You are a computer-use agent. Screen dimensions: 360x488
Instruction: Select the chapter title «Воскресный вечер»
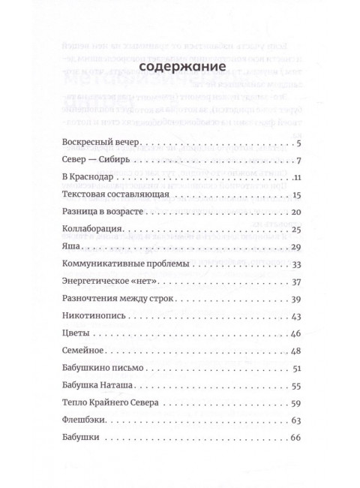[98, 142]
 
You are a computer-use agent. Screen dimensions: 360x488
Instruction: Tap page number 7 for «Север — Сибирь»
[298, 160]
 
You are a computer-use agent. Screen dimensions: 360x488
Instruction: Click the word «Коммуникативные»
[105, 265]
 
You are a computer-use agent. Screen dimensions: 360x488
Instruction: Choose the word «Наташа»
[127, 387]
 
